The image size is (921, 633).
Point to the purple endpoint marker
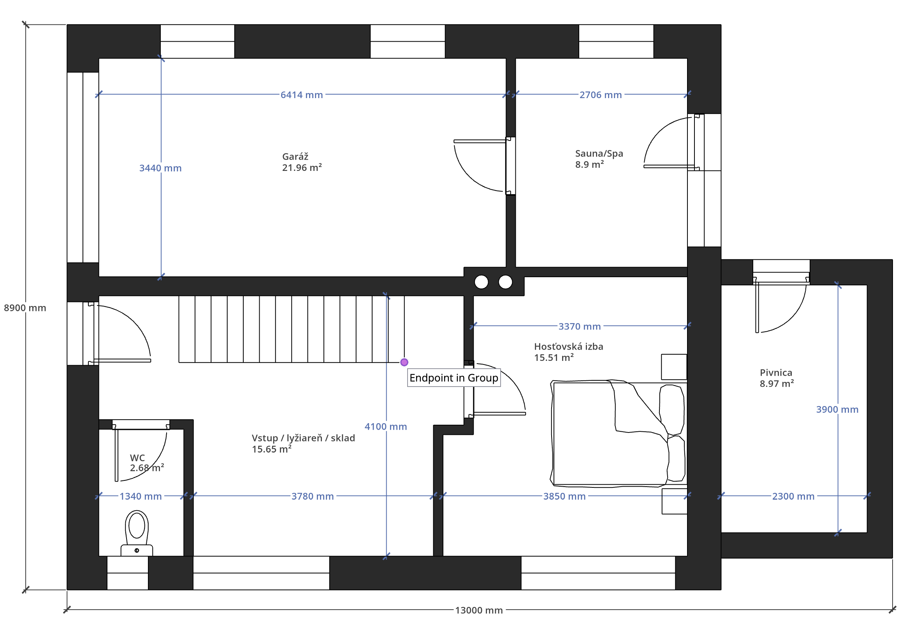click(404, 362)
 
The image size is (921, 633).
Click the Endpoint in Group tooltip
click(454, 378)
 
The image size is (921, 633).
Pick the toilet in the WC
click(137, 533)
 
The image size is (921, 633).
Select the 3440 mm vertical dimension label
click(160, 168)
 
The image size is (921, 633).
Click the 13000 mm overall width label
click(479, 610)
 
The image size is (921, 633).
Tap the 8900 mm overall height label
click(25, 308)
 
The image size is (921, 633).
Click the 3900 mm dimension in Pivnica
click(837, 410)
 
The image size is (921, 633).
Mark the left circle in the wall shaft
click(481, 282)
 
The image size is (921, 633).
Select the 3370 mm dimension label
click(580, 327)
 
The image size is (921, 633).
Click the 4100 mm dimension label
click(386, 427)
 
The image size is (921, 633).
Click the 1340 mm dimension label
click(141, 497)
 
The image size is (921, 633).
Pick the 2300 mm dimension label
click(793, 497)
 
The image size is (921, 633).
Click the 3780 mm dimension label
click(313, 497)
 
